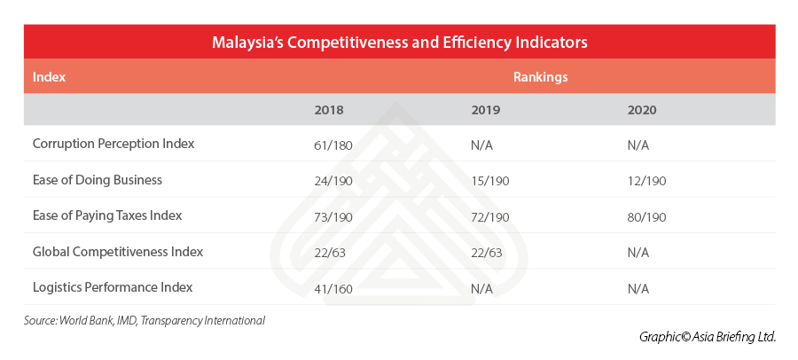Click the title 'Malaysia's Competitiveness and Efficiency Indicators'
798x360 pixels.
[399, 42]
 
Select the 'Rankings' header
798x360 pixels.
[540, 77]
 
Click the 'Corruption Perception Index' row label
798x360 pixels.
[113, 144]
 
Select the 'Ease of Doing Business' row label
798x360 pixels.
[98, 180]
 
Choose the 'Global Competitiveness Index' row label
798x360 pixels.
[118, 252]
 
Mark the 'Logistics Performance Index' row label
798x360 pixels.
[113, 287]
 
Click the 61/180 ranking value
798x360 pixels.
[334, 145]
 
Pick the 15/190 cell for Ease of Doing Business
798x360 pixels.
[490, 180]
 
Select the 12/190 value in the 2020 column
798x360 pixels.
[646, 180]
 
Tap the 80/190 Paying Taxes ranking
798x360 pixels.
[646, 216]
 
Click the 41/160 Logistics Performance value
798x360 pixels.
[334, 288]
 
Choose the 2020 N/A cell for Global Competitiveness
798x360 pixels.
[638, 252]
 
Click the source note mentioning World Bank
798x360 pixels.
[145, 320]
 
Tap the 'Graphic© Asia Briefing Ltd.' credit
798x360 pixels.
[708, 337]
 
